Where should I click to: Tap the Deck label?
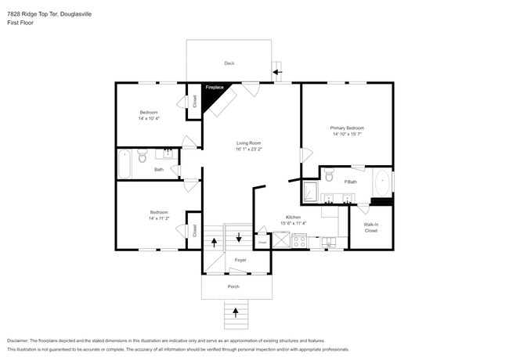click(x=229, y=63)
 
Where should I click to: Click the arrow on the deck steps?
click(x=278, y=73)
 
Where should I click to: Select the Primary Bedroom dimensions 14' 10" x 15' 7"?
click(x=346, y=134)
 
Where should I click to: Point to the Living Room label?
click(x=248, y=143)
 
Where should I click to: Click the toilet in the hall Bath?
click(x=142, y=159)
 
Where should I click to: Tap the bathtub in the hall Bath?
click(x=125, y=164)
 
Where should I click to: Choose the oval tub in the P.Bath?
click(x=381, y=185)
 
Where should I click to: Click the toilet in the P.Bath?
click(x=329, y=174)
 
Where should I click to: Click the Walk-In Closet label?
click(x=370, y=228)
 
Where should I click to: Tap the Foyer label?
click(x=240, y=259)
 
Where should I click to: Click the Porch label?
click(x=233, y=287)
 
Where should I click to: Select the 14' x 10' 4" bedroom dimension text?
click(x=149, y=118)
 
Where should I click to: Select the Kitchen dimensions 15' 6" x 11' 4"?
click(x=293, y=223)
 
